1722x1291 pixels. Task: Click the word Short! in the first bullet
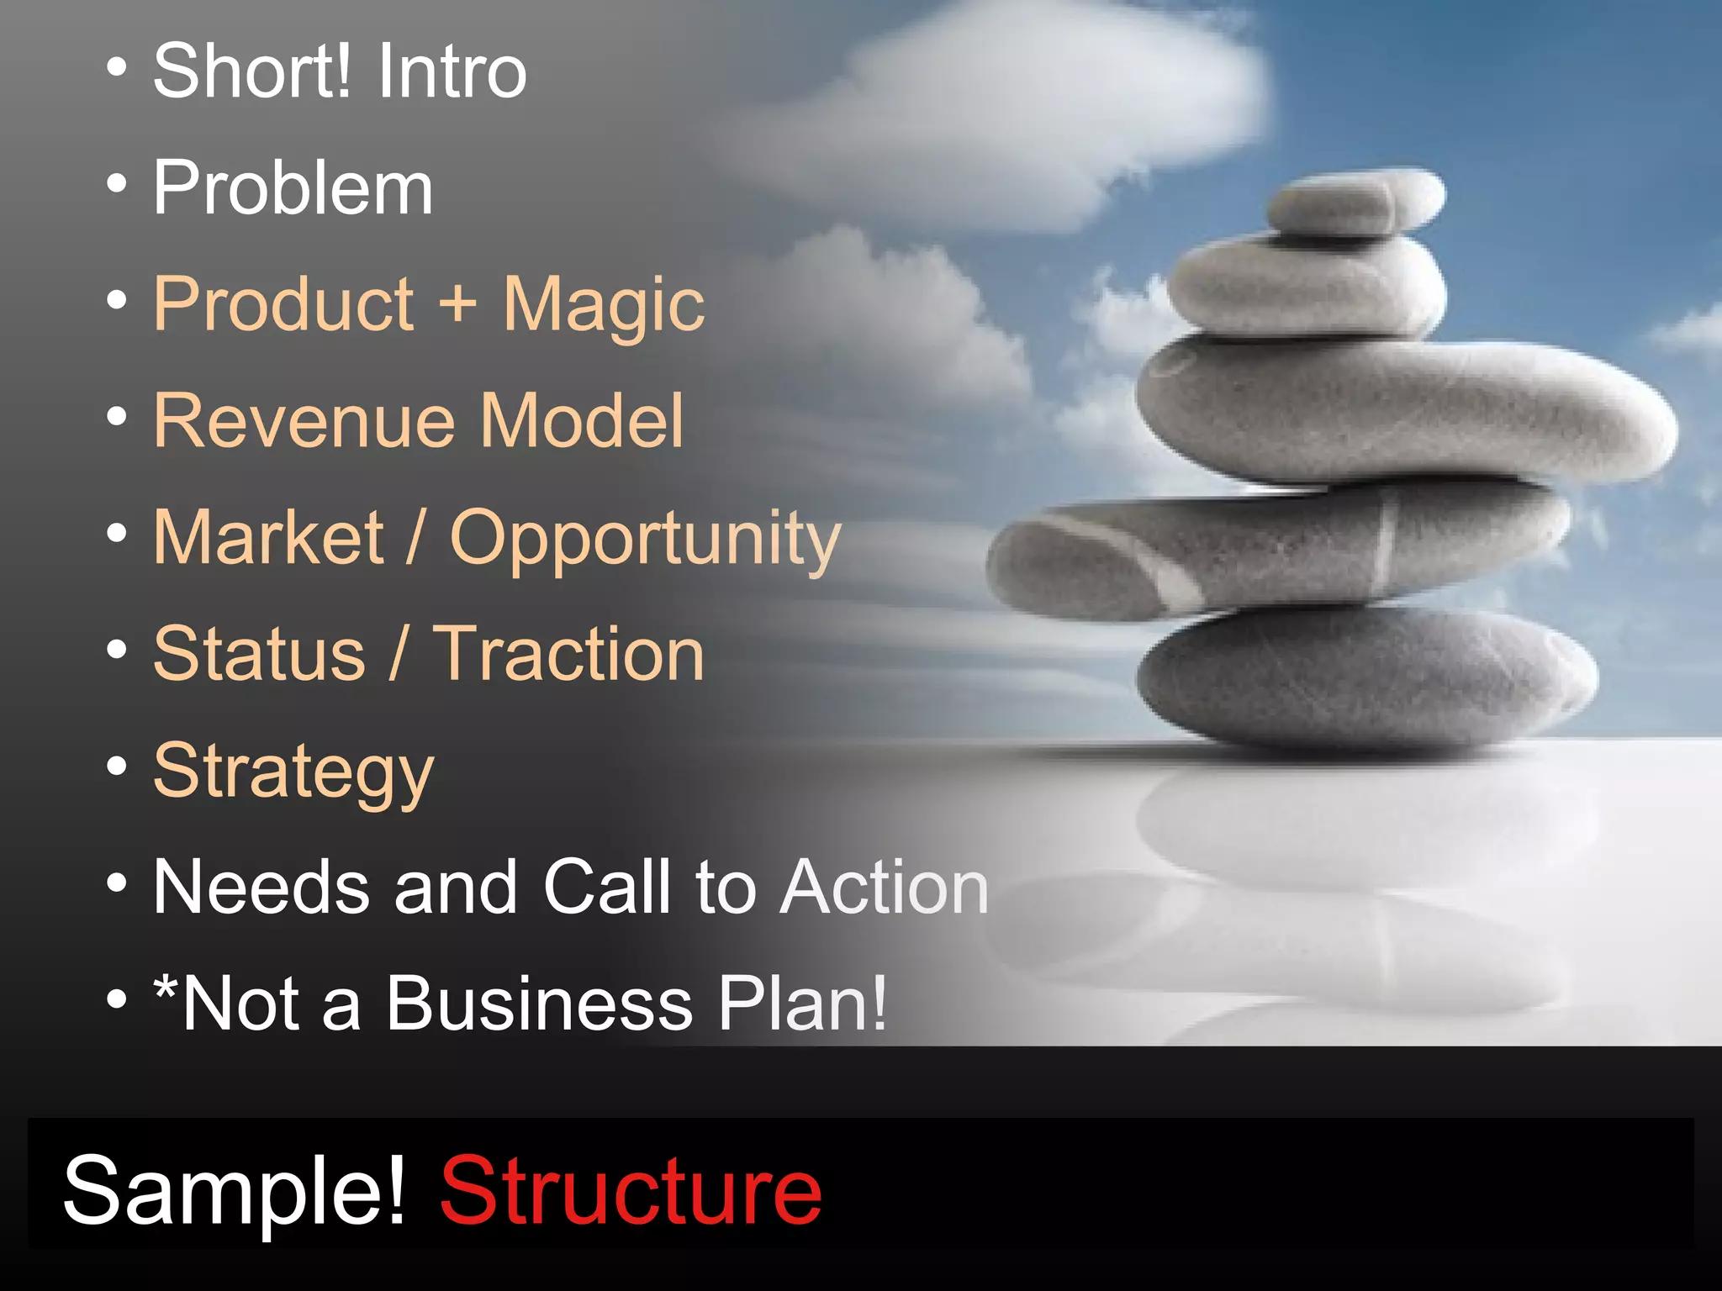[x=251, y=71]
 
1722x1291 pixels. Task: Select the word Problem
[x=293, y=188]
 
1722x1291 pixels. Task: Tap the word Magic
[x=604, y=306]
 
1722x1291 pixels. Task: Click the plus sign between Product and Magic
[x=458, y=303]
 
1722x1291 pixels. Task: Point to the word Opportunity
[x=645, y=540]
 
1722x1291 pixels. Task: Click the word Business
[x=538, y=1004]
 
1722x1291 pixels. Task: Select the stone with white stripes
[x=1261, y=551]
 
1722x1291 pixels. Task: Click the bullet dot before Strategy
[x=118, y=767]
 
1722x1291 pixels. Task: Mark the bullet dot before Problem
[x=118, y=183]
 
